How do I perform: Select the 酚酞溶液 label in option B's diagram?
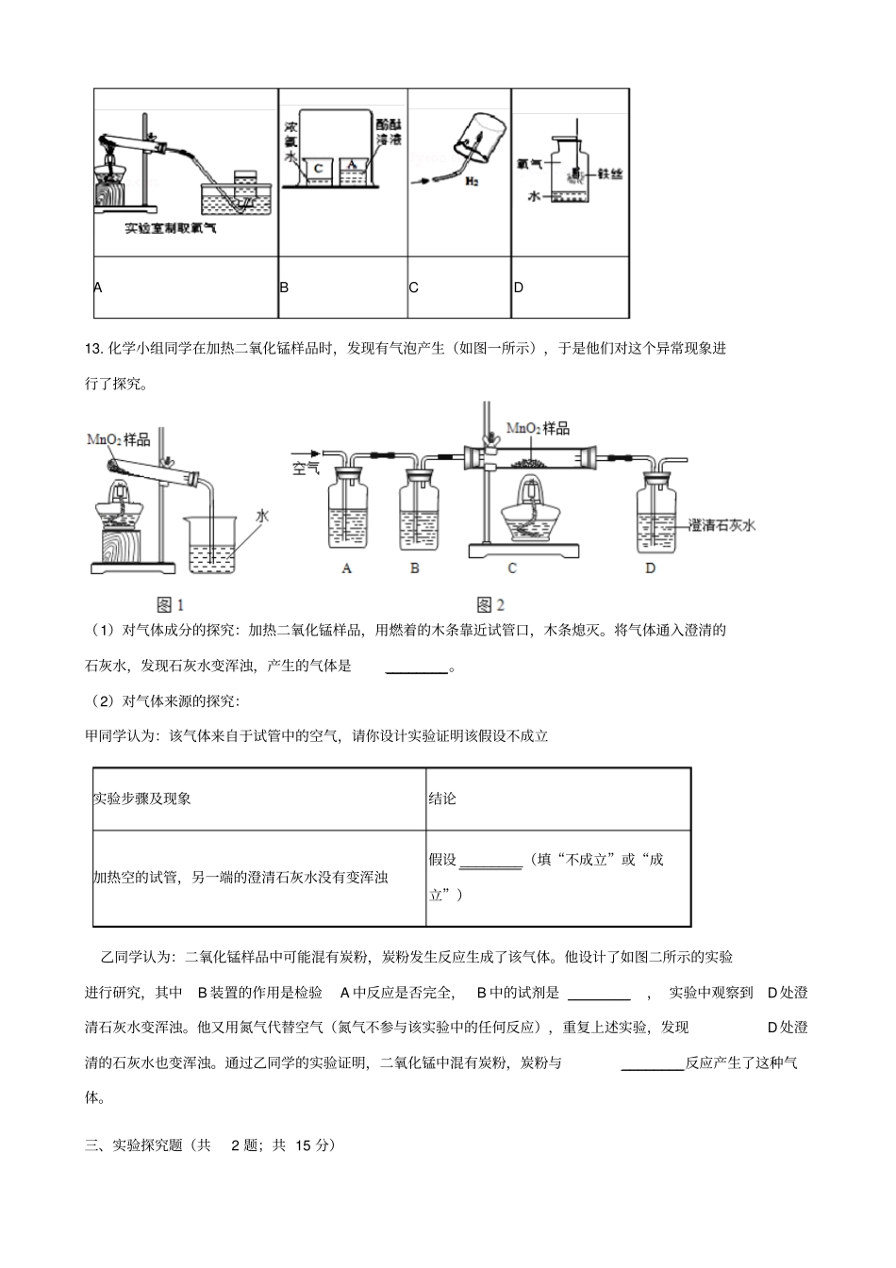tap(388, 131)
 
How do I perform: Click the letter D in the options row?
tap(518, 287)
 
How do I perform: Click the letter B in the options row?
tap(284, 287)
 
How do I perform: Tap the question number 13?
tap(92, 349)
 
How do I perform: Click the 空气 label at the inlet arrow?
tap(307, 467)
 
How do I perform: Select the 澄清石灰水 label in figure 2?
tap(722, 526)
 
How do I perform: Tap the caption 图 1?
tap(170, 604)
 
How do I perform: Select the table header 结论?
tap(442, 799)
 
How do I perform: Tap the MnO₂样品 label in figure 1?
tap(118, 439)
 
